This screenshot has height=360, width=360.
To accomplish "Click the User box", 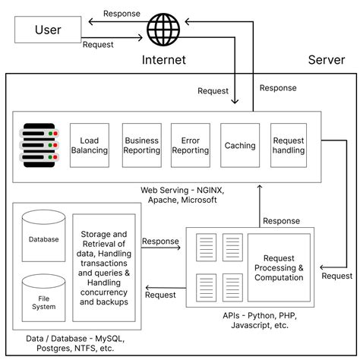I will coord(48,30).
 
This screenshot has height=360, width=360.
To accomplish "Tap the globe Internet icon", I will coord(163,30).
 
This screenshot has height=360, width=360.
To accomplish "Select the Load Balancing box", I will coord(90,146).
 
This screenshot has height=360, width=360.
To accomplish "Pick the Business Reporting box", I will coord(142,146).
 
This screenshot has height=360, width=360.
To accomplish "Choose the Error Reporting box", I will coord(191,146).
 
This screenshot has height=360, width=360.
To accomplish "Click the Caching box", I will coord(240,146).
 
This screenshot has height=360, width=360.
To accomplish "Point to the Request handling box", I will coord(289,146).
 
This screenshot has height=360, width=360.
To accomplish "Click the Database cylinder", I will coord(44,238).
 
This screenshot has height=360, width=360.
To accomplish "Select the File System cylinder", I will coord(44,297).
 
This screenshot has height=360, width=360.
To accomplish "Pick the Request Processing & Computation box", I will coord(279,268).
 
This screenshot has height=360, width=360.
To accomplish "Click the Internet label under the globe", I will coord(163,60).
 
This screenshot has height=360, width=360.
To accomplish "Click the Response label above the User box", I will coord(122,13).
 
